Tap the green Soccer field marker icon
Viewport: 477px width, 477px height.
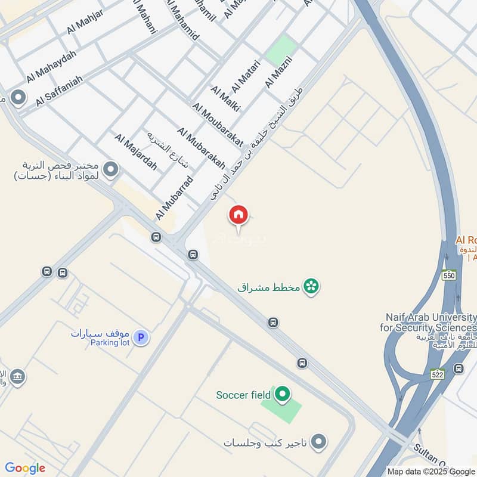283,394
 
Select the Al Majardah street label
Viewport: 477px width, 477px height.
136,152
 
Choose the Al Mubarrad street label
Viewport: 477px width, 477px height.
175,197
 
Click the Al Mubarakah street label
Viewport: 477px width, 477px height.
201,148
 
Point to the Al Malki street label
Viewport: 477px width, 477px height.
225,98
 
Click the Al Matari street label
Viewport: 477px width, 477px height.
246,76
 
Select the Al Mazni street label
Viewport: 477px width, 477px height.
278,71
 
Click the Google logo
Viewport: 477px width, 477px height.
25,468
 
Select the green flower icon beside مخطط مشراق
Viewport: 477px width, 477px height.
310,287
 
